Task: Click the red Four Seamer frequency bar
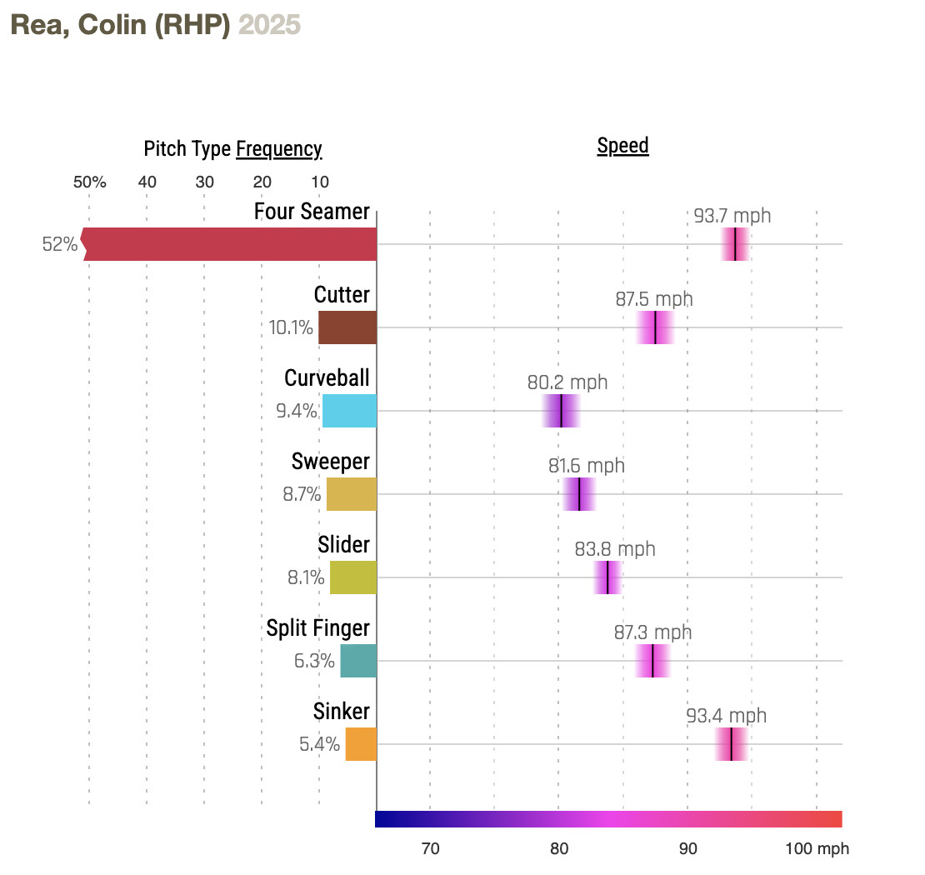[x=230, y=244]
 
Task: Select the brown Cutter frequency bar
[x=347, y=327]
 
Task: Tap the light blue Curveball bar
[x=349, y=411]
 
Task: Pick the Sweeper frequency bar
[x=351, y=494]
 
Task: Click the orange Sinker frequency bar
[x=361, y=744]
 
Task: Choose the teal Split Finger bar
[x=358, y=661]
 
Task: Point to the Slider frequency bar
[x=353, y=577]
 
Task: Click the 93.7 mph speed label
[x=732, y=216]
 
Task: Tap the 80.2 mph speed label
[x=567, y=382]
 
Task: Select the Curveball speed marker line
[x=562, y=411]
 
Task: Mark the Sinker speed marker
[x=731, y=744]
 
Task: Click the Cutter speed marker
[x=656, y=327]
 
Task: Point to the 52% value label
[x=60, y=245]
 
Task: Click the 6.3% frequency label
[x=314, y=662]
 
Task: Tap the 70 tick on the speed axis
[x=430, y=849]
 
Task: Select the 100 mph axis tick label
[x=817, y=849]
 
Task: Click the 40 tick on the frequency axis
[x=147, y=182]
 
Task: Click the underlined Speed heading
[x=622, y=146]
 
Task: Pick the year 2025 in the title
[x=269, y=25]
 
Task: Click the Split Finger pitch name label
[x=317, y=627]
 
